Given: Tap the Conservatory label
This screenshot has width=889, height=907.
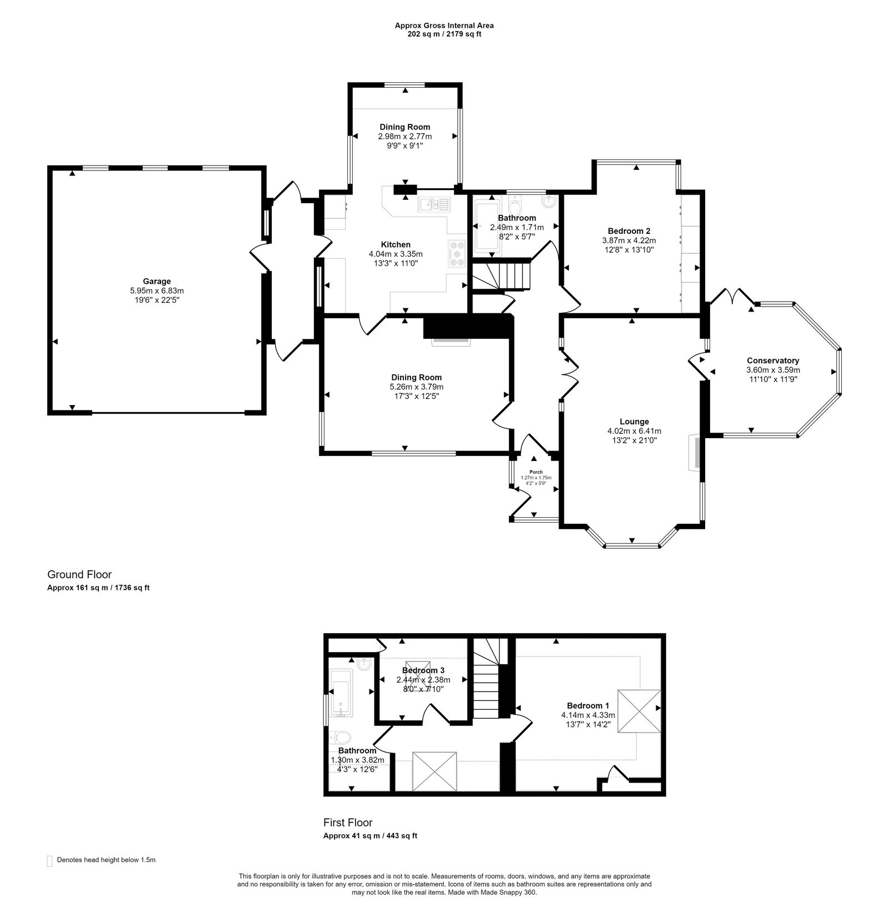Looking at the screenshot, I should click(773, 360).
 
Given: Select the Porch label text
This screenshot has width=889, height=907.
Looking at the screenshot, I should click(536, 472).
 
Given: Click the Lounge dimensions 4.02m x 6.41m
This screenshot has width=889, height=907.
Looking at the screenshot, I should click(634, 431).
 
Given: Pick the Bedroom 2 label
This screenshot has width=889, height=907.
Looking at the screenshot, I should click(629, 231).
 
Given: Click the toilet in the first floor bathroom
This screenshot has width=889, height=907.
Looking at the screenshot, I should click(340, 738).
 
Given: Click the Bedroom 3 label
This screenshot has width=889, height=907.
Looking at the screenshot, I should click(423, 670).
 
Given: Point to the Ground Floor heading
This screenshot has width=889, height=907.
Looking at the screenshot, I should click(79, 574).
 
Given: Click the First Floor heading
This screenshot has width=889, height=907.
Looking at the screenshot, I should click(348, 823).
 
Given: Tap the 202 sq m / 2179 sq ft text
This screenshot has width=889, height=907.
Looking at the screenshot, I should click(444, 34).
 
